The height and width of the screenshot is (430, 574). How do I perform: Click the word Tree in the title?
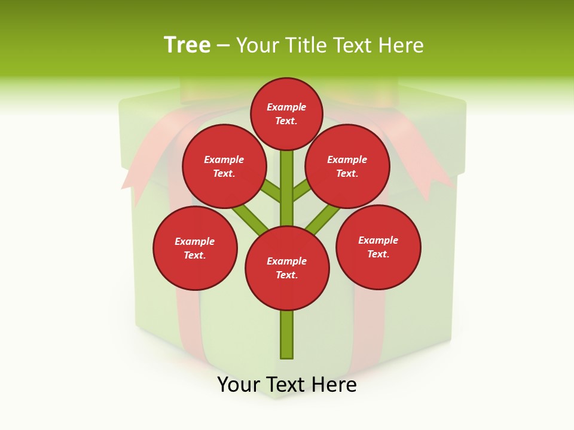(187, 45)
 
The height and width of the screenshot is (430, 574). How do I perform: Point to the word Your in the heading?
(258, 45)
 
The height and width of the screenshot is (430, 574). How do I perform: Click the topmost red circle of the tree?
(286, 113)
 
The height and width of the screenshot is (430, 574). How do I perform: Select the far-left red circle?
(195, 248)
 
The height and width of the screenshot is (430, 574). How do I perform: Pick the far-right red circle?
(378, 247)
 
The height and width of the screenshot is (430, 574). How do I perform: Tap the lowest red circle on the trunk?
(287, 268)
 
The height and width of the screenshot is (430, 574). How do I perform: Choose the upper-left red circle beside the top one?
(224, 167)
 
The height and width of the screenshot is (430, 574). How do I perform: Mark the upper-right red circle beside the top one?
(347, 167)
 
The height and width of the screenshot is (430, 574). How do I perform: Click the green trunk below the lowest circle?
(287, 334)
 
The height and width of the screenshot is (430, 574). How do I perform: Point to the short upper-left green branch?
(271, 192)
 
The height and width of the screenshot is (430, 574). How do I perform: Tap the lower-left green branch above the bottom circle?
(251, 219)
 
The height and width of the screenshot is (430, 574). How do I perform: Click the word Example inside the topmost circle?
(286, 107)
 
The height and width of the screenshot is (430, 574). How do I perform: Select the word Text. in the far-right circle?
(378, 254)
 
